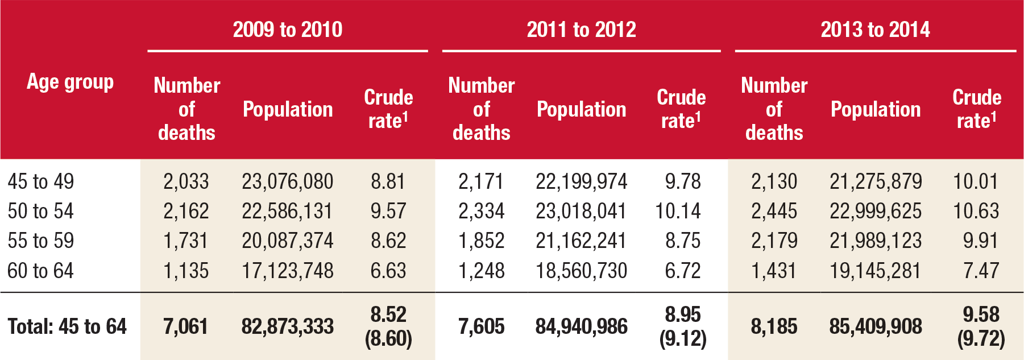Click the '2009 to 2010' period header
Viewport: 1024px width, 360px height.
click(x=287, y=30)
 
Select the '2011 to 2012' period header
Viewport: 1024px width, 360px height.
click(x=581, y=30)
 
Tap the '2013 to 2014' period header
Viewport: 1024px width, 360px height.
click(x=875, y=30)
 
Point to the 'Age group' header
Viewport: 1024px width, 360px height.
click(x=70, y=82)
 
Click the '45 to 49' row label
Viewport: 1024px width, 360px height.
click(x=41, y=181)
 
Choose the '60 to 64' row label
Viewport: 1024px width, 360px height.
click(x=41, y=270)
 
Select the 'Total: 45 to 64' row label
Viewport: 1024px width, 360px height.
click(x=67, y=326)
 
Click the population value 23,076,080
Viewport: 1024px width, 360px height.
click(x=287, y=181)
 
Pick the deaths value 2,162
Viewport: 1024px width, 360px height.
click(x=186, y=211)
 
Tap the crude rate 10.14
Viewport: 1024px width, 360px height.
click(x=678, y=211)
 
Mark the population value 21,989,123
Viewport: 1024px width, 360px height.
click(x=875, y=241)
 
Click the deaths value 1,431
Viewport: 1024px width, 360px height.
click(x=774, y=270)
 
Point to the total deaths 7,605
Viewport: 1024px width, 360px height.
click(x=481, y=326)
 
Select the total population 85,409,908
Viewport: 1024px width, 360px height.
click(x=875, y=326)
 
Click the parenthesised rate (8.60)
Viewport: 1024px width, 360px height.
click(x=388, y=339)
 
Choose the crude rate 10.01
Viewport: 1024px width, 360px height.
click(x=976, y=181)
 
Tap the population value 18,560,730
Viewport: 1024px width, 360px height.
click(x=581, y=270)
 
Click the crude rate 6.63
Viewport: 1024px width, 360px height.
click(x=388, y=270)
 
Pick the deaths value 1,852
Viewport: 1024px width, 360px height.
click(x=481, y=241)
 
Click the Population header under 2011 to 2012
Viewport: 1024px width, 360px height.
click(x=581, y=109)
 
